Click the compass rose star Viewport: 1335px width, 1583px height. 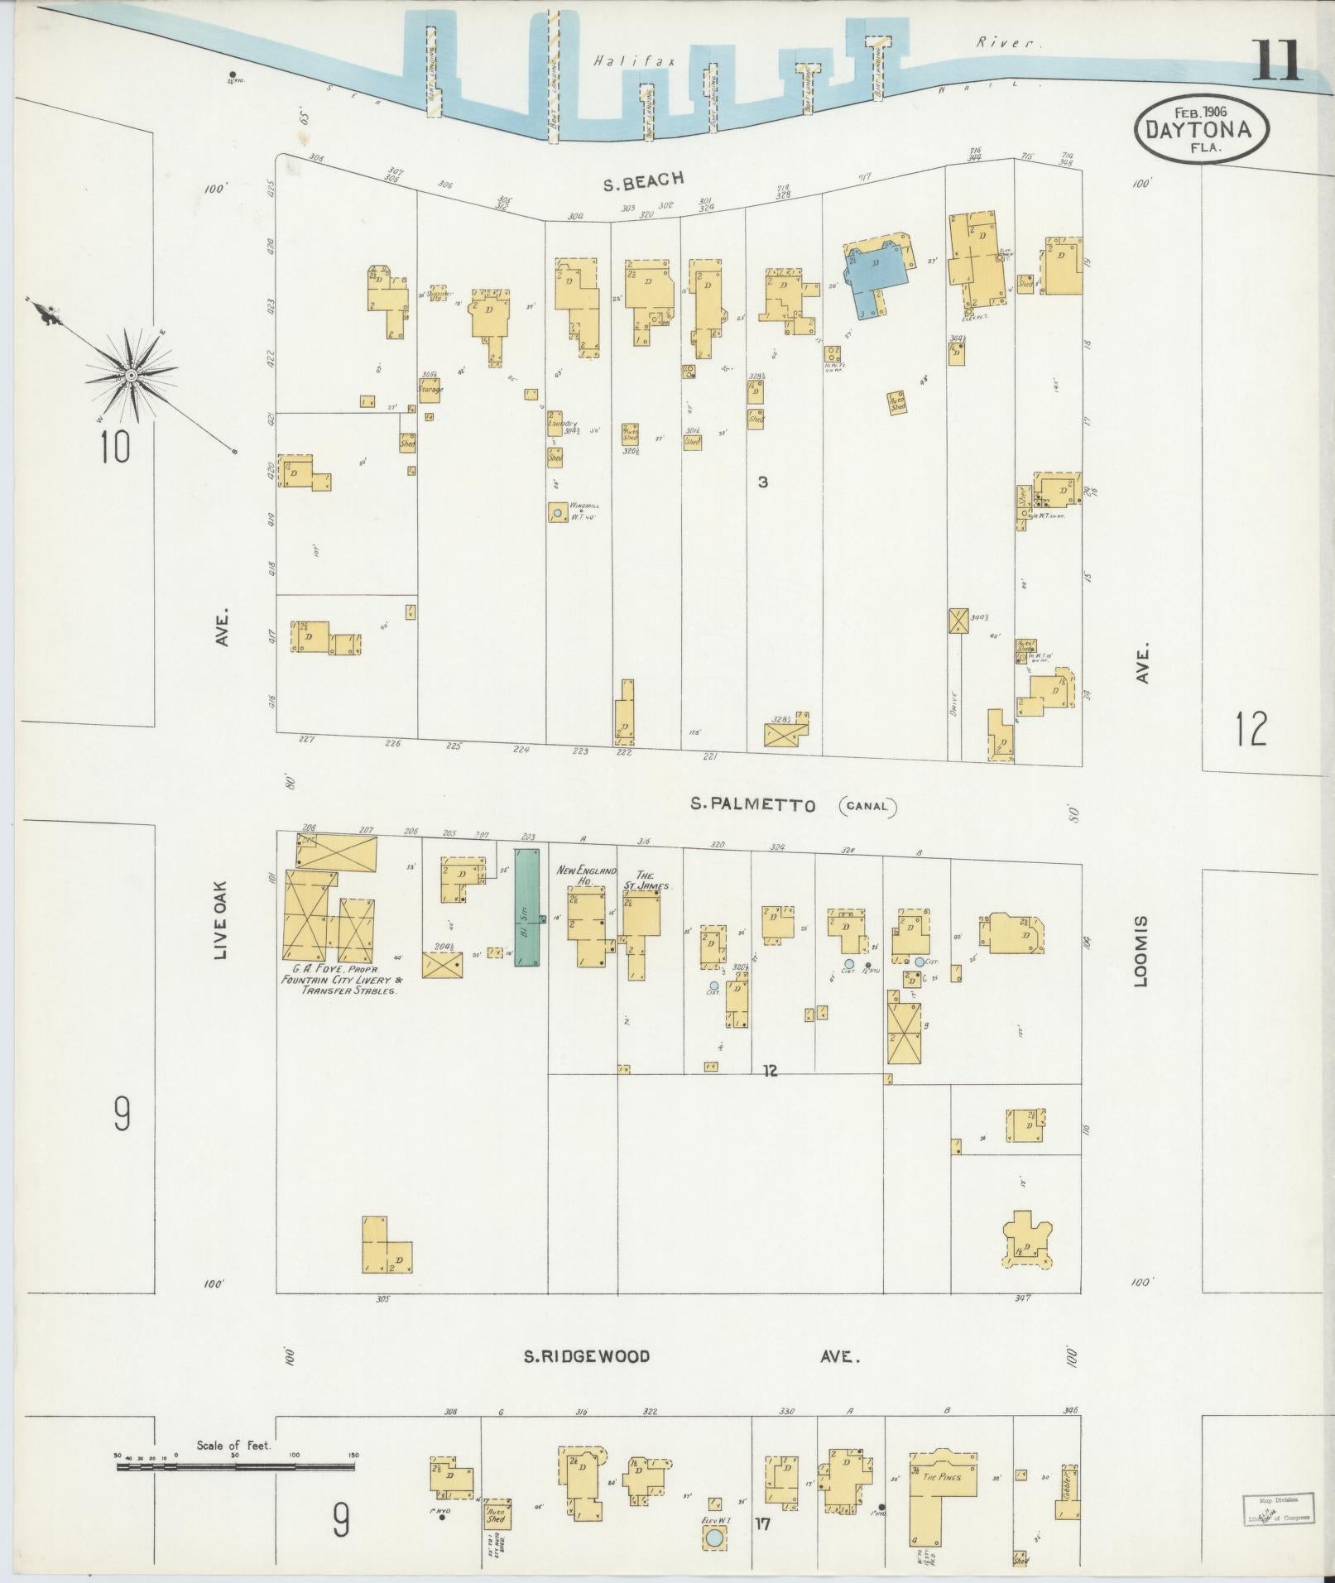(x=131, y=376)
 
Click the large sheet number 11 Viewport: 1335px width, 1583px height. (x=1277, y=60)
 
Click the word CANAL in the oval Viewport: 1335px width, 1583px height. (x=868, y=806)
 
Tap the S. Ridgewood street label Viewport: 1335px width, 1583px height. (x=587, y=1356)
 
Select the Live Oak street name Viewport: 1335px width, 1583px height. (x=220, y=919)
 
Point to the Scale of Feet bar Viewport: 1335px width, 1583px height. (x=236, y=1467)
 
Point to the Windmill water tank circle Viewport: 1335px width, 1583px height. (x=558, y=513)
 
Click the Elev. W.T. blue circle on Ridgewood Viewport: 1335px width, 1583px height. (x=713, y=1538)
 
